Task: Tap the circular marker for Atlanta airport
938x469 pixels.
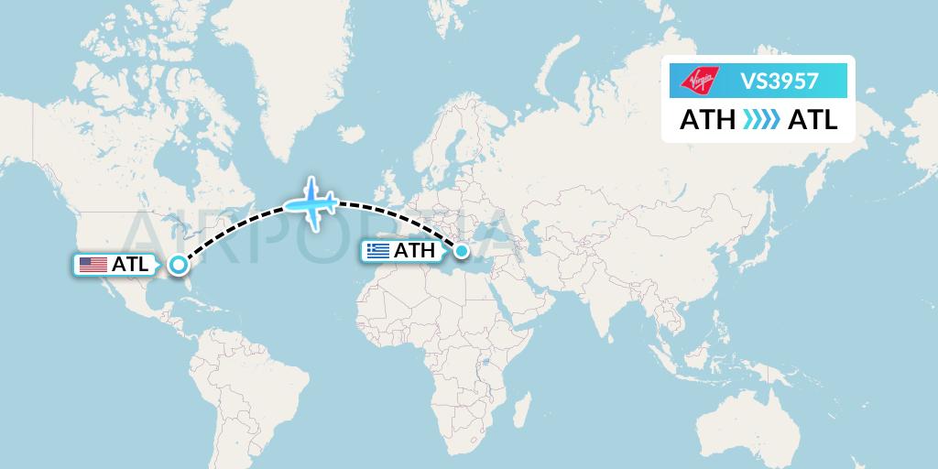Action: pyautogui.click(x=178, y=266)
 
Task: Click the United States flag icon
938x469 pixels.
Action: pyautogui.click(x=93, y=265)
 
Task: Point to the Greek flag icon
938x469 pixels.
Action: pyautogui.click(x=377, y=250)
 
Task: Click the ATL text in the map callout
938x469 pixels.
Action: pyautogui.click(x=129, y=265)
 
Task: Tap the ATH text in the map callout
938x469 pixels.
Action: pyautogui.click(x=414, y=250)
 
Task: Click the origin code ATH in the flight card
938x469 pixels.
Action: pyautogui.click(x=707, y=120)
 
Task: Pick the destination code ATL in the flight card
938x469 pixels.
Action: pyautogui.click(x=813, y=120)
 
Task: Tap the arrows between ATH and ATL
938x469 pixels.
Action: pyautogui.click(x=760, y=120)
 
